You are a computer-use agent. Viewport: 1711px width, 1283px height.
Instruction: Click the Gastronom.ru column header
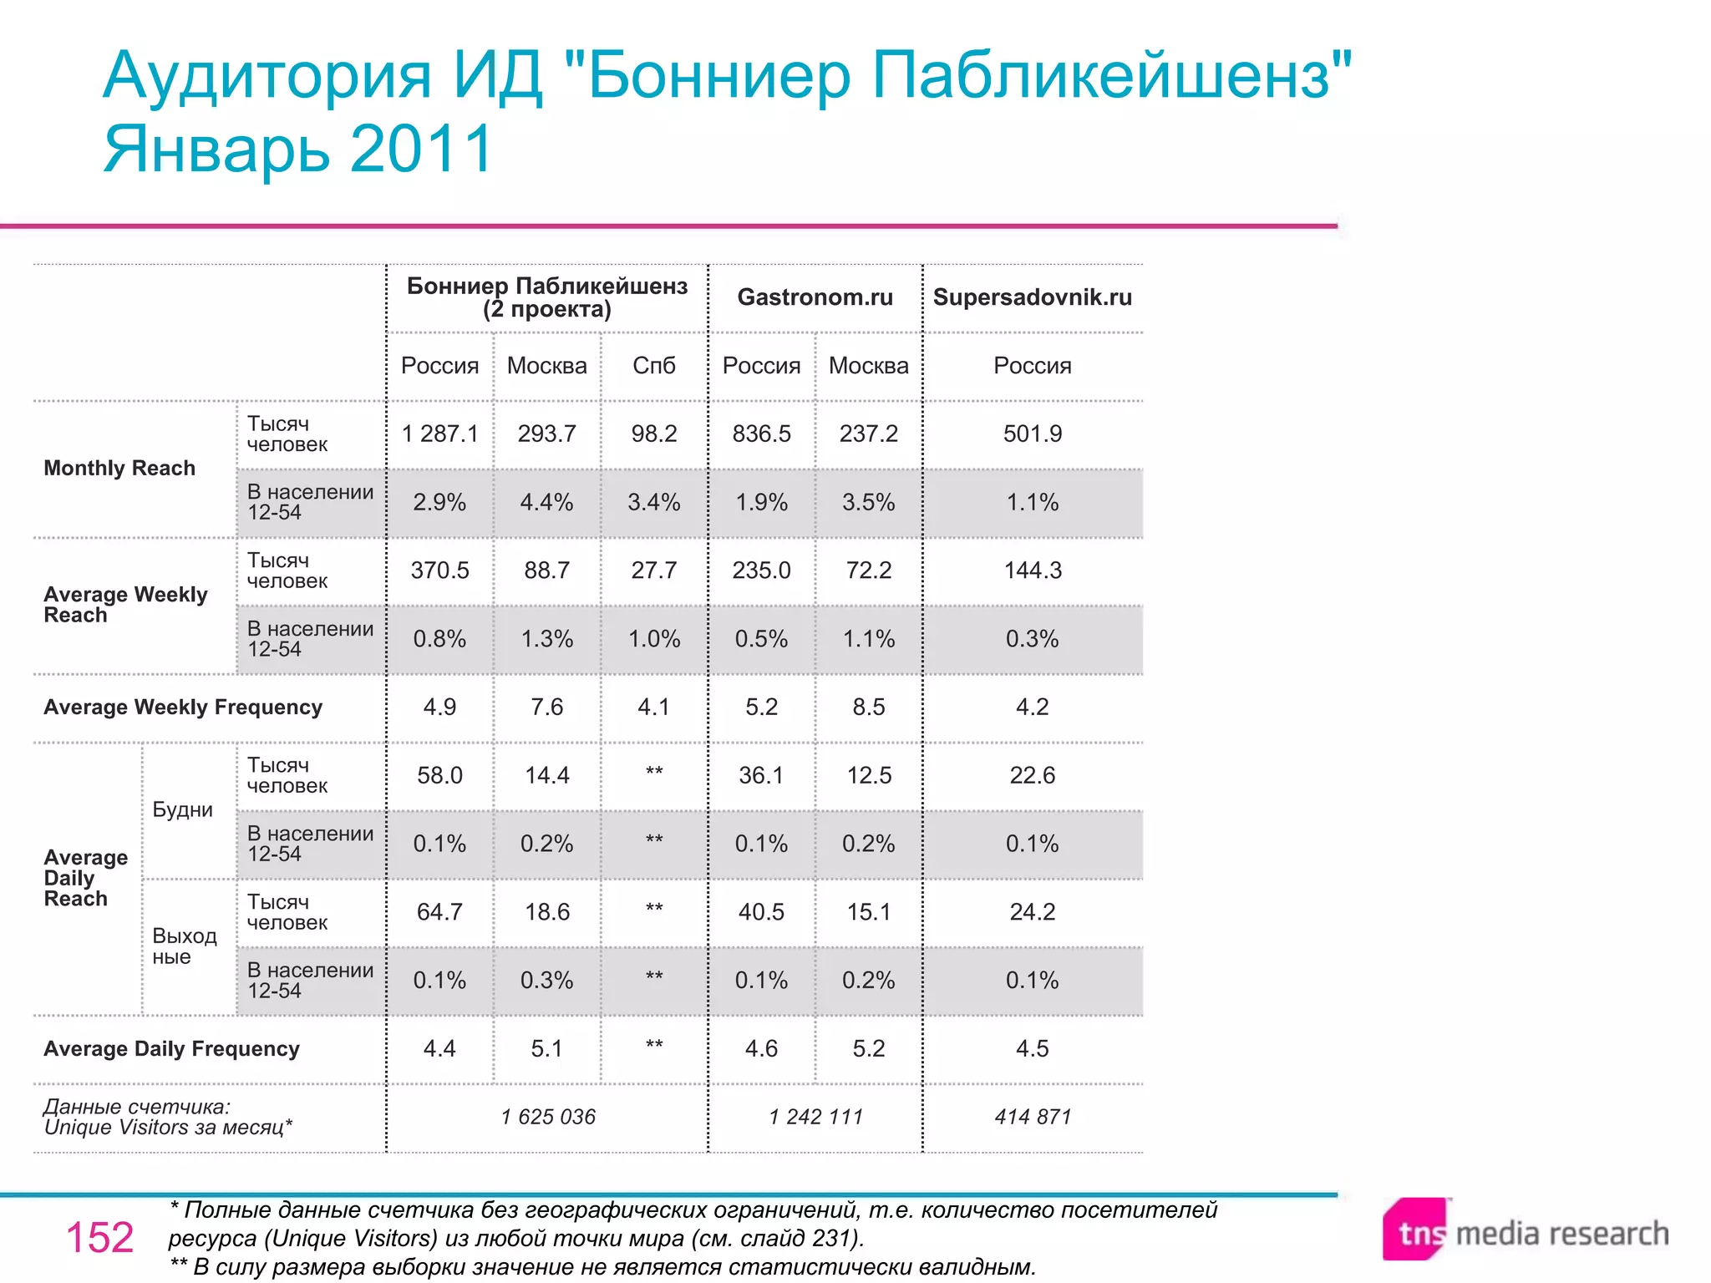[x=815, y=297]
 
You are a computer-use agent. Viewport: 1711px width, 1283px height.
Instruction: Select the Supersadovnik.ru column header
[x=1032, y=297]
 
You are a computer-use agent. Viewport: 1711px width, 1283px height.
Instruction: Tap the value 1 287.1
[x=439, y=434]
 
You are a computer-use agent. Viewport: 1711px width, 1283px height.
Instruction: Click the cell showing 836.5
[x=761, y=434]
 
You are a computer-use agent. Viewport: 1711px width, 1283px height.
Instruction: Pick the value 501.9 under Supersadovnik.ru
[x=1033, y=434]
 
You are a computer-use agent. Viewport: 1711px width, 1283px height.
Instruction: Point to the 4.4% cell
[x=546, y=502]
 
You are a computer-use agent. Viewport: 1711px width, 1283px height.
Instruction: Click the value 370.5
[x=439, y=571]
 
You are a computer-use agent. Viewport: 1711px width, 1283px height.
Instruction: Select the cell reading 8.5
[x=869, y=707]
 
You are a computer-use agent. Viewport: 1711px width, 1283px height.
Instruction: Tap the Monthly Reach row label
[x=119, y=468]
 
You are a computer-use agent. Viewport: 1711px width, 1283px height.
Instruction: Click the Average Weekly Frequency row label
[x=183, y=707]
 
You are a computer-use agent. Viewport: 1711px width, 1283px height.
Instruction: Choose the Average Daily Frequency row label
[x=171, y=1049]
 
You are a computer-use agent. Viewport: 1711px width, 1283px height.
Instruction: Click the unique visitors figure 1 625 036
[x=548, y=1117]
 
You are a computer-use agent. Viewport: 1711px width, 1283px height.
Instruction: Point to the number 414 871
[x=1033, y=1117]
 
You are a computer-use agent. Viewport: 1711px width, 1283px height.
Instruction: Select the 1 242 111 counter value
[x=815, y=1117]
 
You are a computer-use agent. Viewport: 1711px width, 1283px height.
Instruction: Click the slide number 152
[x=99, y=1237]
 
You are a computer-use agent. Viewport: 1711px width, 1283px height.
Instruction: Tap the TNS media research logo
[x=1526, y=1231]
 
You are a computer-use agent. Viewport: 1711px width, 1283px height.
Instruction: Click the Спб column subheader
[x=654, y=366]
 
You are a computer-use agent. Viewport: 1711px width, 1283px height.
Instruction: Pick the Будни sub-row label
[x=182, y=809]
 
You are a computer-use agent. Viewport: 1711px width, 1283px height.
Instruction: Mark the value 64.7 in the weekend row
[x=439, y=912]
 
